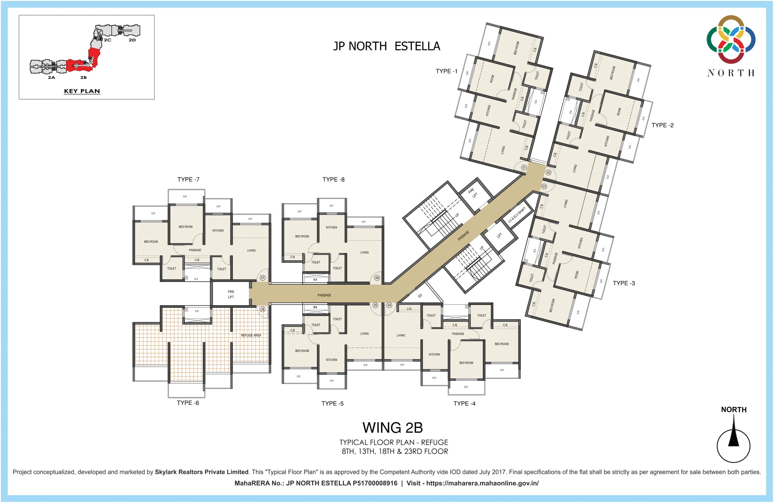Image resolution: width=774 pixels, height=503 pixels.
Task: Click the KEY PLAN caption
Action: pyautogui.click(x=82, y=91)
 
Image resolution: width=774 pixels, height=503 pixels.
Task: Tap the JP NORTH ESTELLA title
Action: pyautogui.click(x=387, y=46)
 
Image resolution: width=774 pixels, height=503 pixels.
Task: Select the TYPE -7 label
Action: pyautogui.click(x=188, y=179)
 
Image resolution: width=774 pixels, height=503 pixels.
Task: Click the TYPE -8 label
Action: pyautogui.click(x=333, y=179)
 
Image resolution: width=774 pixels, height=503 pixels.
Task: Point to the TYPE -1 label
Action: pyautogui.click(x=446, y=71)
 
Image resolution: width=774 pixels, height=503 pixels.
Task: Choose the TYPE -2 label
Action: pyautogui.click(x=662, y=125)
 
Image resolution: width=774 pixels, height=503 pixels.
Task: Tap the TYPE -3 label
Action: pyautogui.click(x=624, y=283)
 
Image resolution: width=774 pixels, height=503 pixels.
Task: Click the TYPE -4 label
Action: pyautogui.click(x=464, y=403)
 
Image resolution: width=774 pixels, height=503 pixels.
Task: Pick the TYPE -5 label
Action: pyautogui.click(x=332, y=403)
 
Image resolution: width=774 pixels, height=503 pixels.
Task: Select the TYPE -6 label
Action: pyautogui.click(x=188, y=403)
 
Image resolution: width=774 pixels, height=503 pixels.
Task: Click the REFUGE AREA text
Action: pyautogui.click(x=251, y=335)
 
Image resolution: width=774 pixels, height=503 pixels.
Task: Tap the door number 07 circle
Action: pyautogui.click(x=262, y=278)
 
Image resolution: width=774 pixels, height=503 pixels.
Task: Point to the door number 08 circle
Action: pyautogui.click(x=377, y=278)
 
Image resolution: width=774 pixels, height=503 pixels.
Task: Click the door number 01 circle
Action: pyautogui.click(x=524, y=168)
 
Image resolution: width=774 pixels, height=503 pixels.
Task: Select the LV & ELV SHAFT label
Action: pyautogui.click(x=517, y=215)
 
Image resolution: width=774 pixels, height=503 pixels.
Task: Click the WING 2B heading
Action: pyautogui.click(x=393, y=428)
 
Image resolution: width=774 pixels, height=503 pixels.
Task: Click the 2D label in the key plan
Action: pyautogui.click(x=132, y=40)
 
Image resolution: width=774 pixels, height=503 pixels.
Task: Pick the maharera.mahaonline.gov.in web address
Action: pyautogui.click(x=482, y=483)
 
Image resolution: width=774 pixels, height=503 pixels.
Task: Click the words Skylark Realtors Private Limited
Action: pyautogui.click(x=201, y=472)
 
